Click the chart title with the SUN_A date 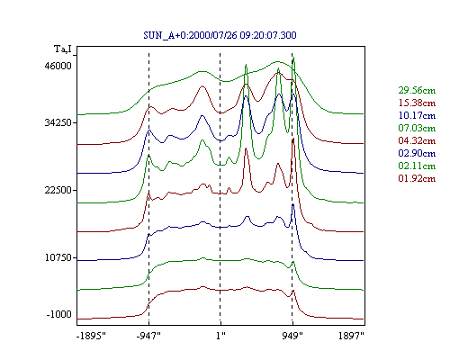220,35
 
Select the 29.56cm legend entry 417,90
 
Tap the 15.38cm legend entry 417,103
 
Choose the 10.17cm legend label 417,115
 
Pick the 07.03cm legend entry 417,128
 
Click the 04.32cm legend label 417,140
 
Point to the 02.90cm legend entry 417,153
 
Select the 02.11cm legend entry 417,166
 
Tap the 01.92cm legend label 417,178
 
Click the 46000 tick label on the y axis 58,66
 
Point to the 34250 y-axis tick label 58,122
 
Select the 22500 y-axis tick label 58,190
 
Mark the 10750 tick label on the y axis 58,257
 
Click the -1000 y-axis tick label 59,314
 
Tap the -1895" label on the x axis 92,336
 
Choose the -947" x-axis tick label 148,336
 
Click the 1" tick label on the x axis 220,336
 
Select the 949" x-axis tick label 292,336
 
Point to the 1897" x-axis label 351,336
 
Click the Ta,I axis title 63,49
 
